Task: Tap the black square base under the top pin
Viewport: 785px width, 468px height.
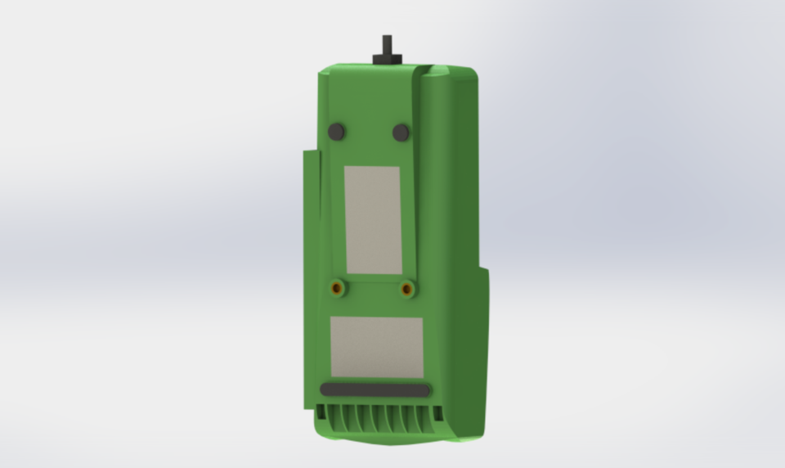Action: click(x=388, y=59)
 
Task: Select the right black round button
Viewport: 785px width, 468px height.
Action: click(x=401, y=132)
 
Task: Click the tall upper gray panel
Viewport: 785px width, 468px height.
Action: click(x=373, y=220)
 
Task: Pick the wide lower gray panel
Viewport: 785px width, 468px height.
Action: click(x=376, y=347)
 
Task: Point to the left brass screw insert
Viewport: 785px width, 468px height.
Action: click(x=336, y=288)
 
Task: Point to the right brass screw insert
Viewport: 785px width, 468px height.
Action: click(x=406, y=288)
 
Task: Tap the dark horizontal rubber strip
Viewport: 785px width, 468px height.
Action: click(x=375, y=390)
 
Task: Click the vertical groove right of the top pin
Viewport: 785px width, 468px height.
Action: click(x=419, y=82)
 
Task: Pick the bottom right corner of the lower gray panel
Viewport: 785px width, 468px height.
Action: click(x=421, y=376)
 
